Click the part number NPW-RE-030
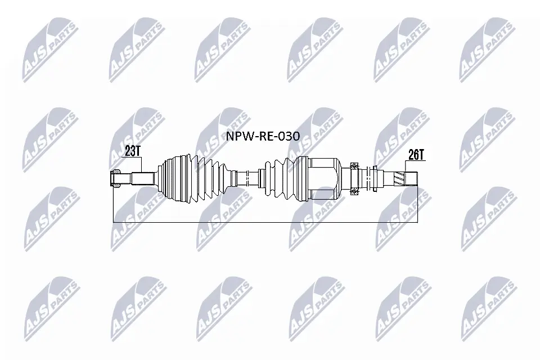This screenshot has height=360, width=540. point(263,136)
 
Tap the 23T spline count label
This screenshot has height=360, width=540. point(133,151)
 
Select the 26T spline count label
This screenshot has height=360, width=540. point(416,155)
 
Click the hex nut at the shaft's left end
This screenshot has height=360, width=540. point(115,179)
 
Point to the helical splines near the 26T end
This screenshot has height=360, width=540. point(398,179)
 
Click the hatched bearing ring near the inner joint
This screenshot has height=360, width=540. point(355,178)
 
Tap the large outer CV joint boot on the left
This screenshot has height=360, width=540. point(194,178)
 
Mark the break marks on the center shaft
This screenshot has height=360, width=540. point(248,178)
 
